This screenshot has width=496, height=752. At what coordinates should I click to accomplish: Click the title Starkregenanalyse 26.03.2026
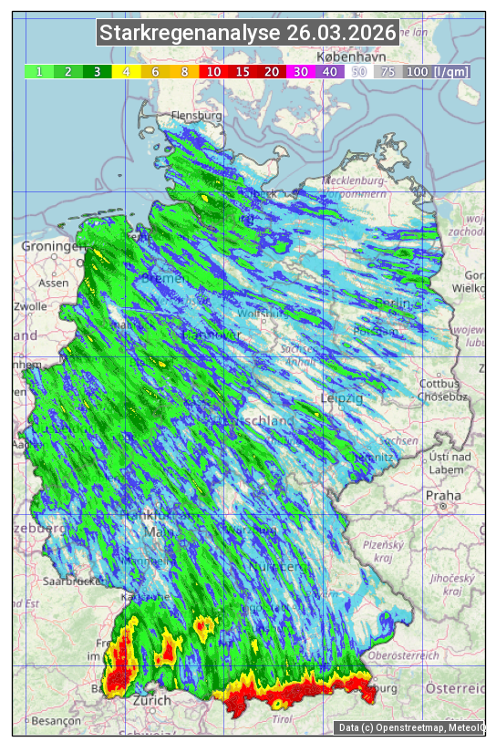coord(248,34)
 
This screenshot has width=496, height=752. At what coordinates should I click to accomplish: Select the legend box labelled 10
coord(213,71)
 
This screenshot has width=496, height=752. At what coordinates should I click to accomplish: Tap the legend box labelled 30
coord(300,71)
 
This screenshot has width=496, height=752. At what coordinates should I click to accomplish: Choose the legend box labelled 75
coord(387,71)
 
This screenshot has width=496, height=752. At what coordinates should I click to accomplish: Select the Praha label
coord(443,495)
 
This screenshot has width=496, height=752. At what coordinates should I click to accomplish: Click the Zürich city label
coord(151,700)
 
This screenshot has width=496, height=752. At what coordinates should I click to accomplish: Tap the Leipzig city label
coord(342,399)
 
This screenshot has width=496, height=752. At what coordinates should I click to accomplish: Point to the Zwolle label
coord(29,306)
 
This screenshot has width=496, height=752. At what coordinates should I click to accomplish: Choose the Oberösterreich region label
coord(404,655)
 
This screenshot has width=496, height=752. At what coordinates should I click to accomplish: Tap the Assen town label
coord(54,283)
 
